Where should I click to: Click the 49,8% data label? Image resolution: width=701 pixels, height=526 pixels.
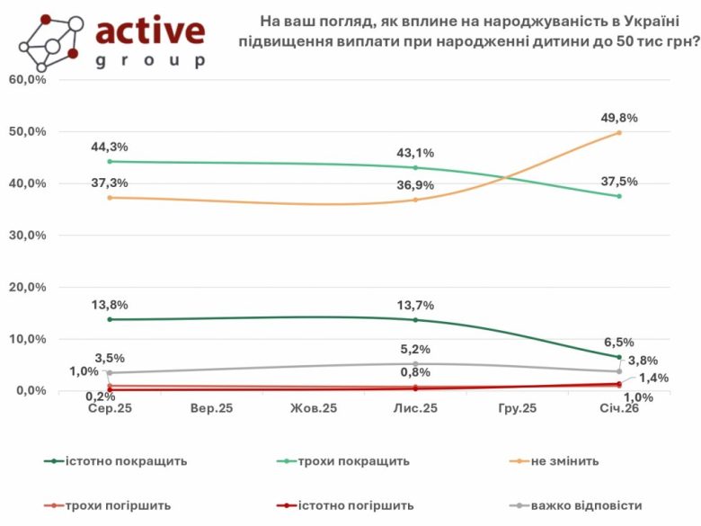pyautogui.click(x=618, y=118)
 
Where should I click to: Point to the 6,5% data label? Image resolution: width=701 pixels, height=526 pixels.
pyautogui.click(x=618, y=342)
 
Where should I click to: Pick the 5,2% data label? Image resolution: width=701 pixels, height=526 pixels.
pyautogui.click(x=414, y=349)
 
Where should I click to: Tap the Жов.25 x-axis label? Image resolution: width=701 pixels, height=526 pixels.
pyautogui.click(x=313, y=408)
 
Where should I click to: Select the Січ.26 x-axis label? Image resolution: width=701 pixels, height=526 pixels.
pyautogui.click(x=618, y=408)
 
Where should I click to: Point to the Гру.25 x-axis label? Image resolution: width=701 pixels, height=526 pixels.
pyautogui.click(x=517, y=408)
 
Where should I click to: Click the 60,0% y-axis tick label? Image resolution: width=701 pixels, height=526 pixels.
pyautogui.click(x=27, y=79)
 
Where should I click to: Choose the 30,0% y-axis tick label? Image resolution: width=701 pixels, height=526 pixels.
pyautogui.click(x=27, y=236)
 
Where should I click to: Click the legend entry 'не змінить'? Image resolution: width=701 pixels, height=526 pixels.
pyautogui.click(x=564, y=461)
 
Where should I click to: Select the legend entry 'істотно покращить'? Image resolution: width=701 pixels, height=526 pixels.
pyautogui.click(x=126, y=461)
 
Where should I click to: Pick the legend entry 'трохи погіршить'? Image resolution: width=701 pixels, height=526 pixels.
pyautogui.click(x=118, y=505)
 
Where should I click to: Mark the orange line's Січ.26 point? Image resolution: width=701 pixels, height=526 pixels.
pyautogui.click(x=618, y=133)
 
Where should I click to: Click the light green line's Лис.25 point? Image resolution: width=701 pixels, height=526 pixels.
pyautogui.click(x=414, y=167)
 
